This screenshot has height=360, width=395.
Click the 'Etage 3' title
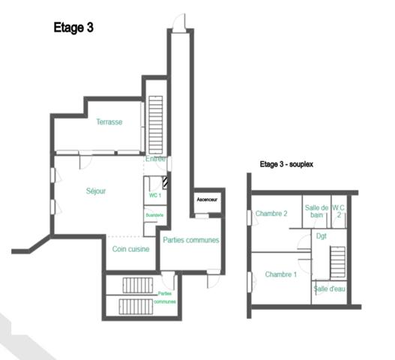click(73, 28)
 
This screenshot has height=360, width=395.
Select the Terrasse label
click(109, 121)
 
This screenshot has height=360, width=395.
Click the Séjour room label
click(95, 191)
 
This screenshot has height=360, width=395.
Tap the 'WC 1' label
click(155, 195)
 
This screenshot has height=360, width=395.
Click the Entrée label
click(156, 159)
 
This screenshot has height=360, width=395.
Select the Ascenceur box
click(207, 200)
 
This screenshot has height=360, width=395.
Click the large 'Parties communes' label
click(191, 240)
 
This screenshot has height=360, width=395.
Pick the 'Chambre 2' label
click(271, 214)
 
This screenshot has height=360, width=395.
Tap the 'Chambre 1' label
click(281, 274)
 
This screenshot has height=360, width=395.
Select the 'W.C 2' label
click(339, 211)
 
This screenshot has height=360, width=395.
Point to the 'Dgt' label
click(322, 235)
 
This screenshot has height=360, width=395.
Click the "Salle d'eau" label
click(329, 289)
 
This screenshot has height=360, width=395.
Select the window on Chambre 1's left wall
click(249, 281)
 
